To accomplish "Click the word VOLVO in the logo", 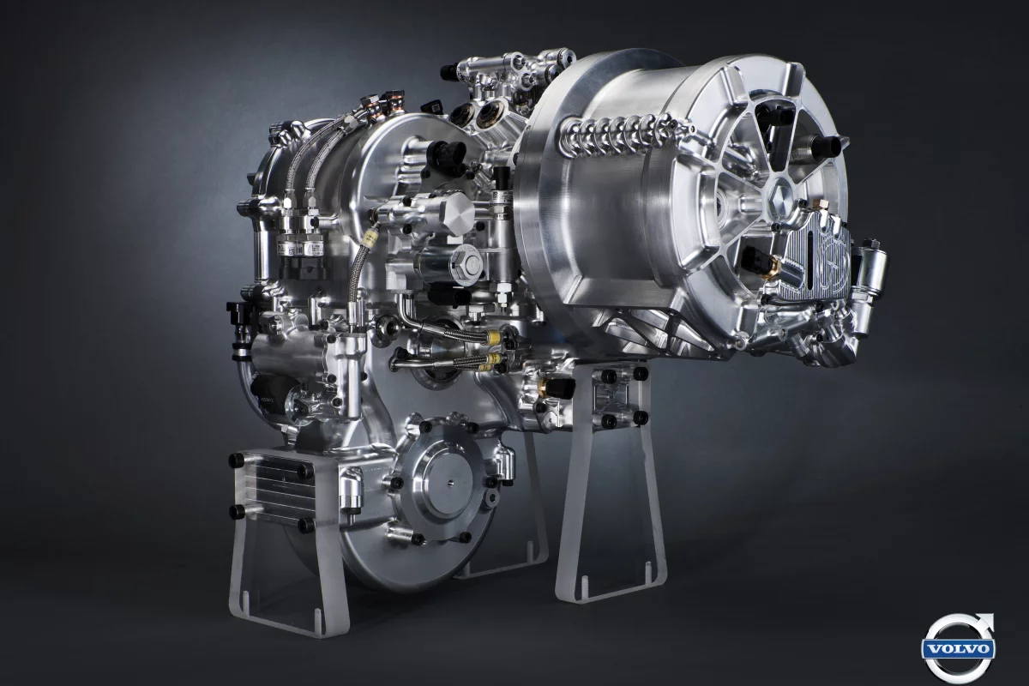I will (959, 649).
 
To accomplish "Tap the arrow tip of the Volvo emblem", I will (987, 619).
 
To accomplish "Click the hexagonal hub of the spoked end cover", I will (782, 196).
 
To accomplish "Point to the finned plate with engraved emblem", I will (815, 257).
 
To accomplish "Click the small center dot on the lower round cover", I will (449, 485).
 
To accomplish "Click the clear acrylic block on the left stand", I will (271, 489).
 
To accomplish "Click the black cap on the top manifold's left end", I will (448, 73).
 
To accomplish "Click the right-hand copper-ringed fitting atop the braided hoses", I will (396, 103).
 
